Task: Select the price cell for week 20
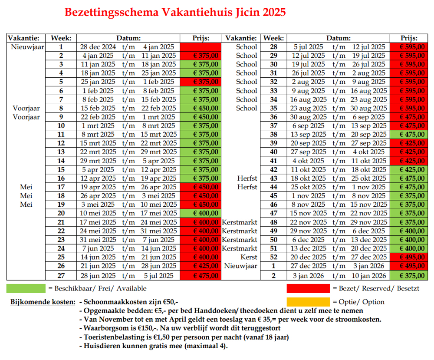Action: (x=206, y=213)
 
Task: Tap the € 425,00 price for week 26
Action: (x=206, y=265)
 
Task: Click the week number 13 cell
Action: (x=61, y=152)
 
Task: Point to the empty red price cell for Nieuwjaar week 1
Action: (x=206, y=47)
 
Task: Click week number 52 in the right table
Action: (x=274, y=257)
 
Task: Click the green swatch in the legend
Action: (x=26, y=288)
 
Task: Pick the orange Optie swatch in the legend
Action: (x=308, y=302)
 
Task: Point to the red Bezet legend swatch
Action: (x=308, y=288)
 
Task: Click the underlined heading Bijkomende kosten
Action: (x=43, y=302)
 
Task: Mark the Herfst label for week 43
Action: (x=247, y=178)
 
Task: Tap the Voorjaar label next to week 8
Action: (x=26, y=108)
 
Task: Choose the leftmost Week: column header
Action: (x=61, y=38)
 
